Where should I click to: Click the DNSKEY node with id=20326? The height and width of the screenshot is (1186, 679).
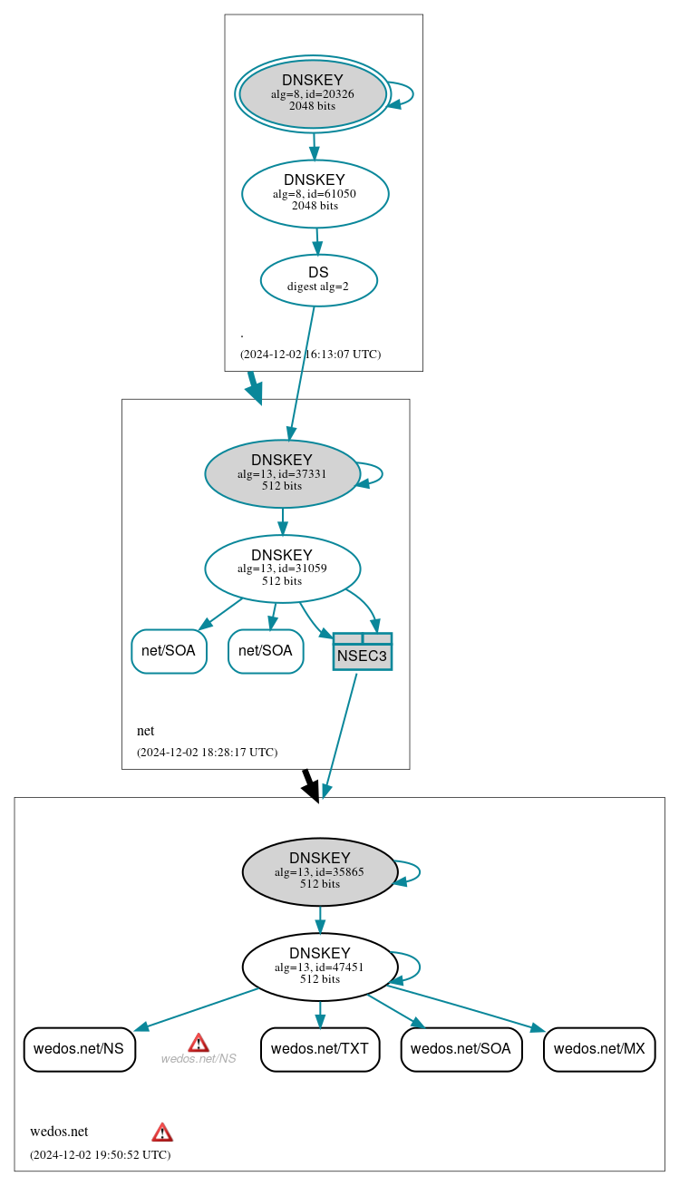(312, 93)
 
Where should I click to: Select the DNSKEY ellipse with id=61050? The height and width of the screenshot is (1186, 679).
(315, 193)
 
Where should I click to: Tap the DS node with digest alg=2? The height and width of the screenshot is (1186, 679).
(318, 280)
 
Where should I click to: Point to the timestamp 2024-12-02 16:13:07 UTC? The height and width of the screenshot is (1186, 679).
(310, 354)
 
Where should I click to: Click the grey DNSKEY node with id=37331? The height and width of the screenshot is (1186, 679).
(282, 473)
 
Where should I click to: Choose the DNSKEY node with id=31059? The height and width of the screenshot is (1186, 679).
(282, 569)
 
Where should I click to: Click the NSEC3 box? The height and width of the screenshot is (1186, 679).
(362, 652)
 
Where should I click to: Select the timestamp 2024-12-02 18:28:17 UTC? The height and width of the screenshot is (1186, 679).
(207, 752)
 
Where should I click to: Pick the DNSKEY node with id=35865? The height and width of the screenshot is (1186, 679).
(319, 871)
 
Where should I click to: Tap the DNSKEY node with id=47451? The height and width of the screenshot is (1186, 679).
(319, 967)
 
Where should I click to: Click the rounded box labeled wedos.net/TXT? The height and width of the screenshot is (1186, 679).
(319, 1049)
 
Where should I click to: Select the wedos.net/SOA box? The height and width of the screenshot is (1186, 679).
(461, 1049)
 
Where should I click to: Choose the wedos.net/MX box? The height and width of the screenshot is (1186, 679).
(598, 1049)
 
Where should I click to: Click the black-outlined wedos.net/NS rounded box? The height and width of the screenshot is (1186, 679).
(79, 1049)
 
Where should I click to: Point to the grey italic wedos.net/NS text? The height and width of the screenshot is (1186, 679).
(199, 1058)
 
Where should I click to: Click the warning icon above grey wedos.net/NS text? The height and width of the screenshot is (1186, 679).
(199, 1042)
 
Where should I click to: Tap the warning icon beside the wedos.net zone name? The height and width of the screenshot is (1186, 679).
(162, 1132)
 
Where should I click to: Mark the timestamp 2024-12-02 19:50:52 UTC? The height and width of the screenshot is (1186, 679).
(100, 1154)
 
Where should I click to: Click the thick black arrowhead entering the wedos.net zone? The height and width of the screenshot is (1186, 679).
(311, 791)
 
